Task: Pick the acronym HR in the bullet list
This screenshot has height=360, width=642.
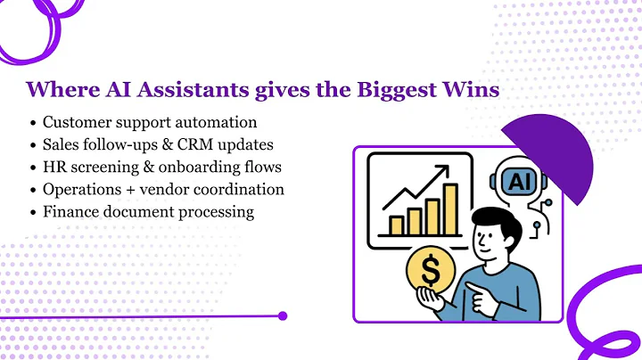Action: [x=53, y=166]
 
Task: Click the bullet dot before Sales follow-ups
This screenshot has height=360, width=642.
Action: [x=34, y=143]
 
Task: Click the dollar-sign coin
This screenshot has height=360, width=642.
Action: [x=431, y=272]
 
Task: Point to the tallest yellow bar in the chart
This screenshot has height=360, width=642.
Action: [x=451, y=206]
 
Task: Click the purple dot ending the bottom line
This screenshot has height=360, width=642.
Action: [x=283, y=315]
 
